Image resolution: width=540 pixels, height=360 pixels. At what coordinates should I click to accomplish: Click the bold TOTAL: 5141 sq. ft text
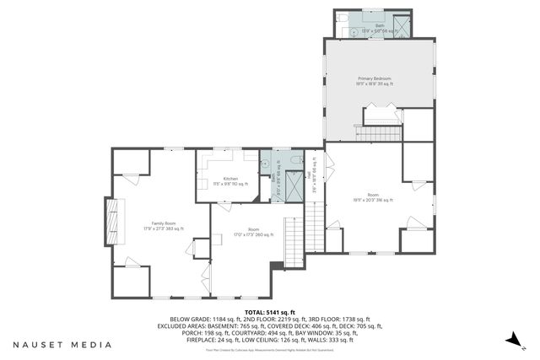[268, 311]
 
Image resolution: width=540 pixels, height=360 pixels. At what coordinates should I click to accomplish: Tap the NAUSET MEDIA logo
[62, 345]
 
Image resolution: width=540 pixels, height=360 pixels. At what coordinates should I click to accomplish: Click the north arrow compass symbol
[512, 339]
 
